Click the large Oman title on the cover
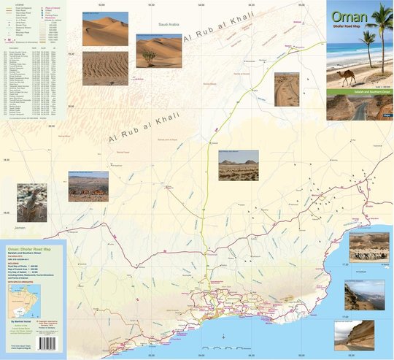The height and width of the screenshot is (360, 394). pos(346,18)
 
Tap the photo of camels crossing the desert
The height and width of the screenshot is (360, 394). pos(88,186)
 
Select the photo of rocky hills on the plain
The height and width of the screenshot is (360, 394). pos(238,165)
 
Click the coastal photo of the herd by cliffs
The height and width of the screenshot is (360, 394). pos(368,246)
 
